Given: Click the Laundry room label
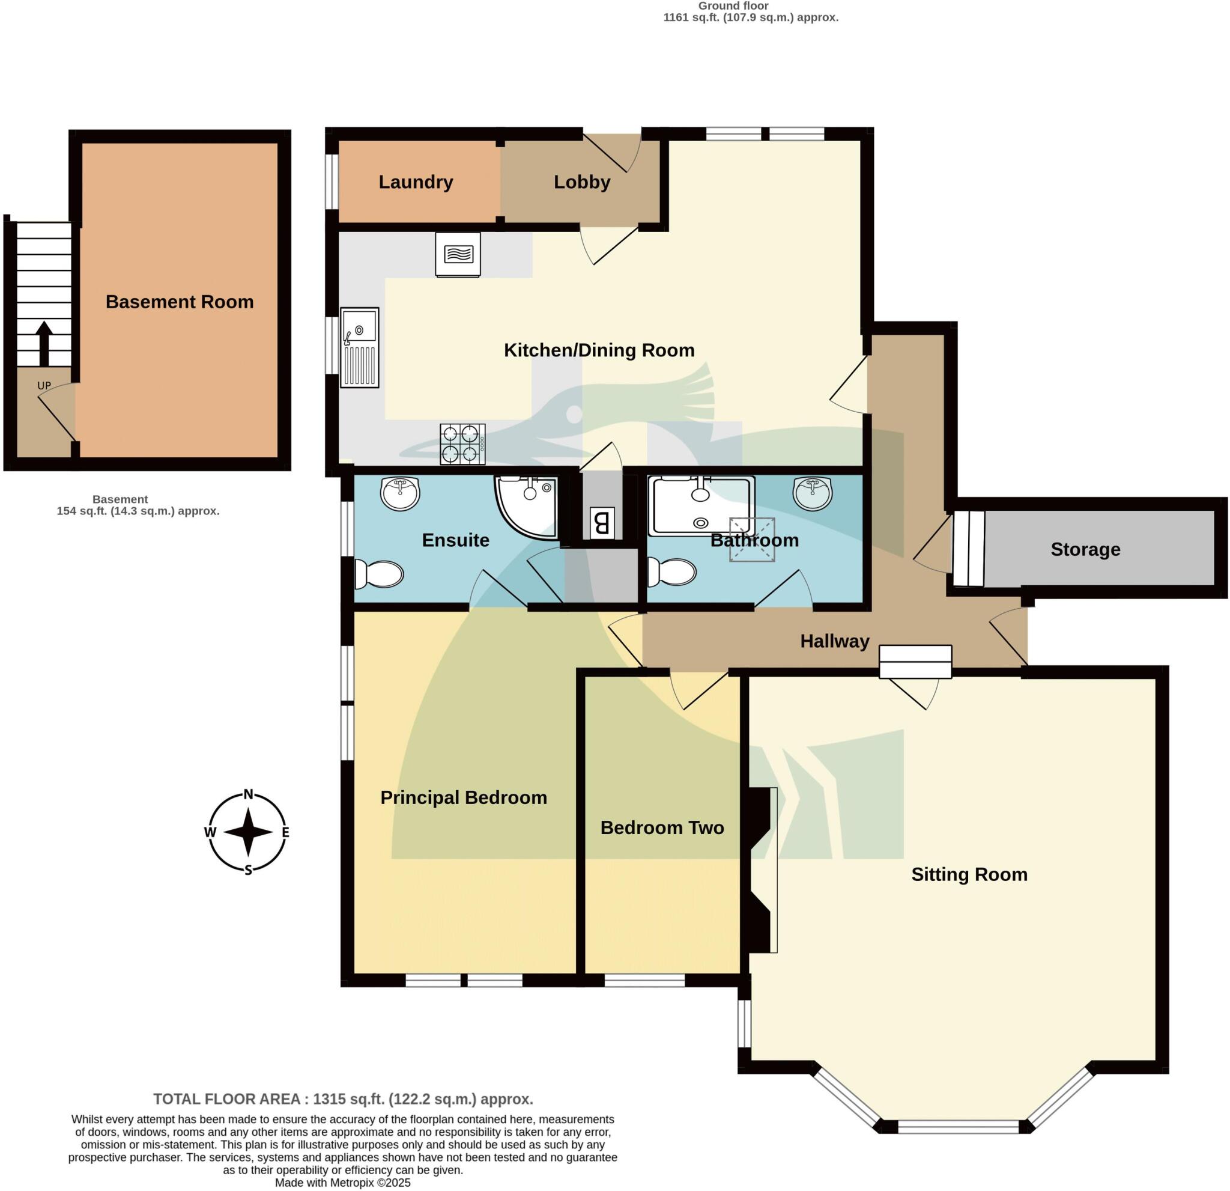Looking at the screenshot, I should click(x=416, y=182).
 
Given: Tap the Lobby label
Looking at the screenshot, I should click(x=582, y=182).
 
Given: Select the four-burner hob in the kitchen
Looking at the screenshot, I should click(x=462, y=445).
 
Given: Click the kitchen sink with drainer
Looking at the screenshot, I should click(x=360, y=347).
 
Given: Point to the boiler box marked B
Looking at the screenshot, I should click(x=601, y=522).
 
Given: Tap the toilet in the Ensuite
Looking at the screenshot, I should click(x=379, y=573).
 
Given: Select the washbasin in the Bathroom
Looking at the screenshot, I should click(x=813, y=493).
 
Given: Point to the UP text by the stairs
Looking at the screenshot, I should click(x=44, y=386).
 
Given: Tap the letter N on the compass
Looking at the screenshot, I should click(x=249, y=794).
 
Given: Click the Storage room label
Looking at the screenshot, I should click(x=1085, y=549).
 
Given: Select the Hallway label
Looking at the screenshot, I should click(x=835, y=641).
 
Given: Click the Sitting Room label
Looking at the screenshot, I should click(x=969, y=874).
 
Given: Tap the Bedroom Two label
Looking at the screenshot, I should click(x=662, y=827).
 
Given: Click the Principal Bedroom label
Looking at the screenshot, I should click(x=464, y=797).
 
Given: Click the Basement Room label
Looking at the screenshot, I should click(x=180, y=302).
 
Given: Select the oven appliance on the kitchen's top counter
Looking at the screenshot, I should click(x=458, y=254).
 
